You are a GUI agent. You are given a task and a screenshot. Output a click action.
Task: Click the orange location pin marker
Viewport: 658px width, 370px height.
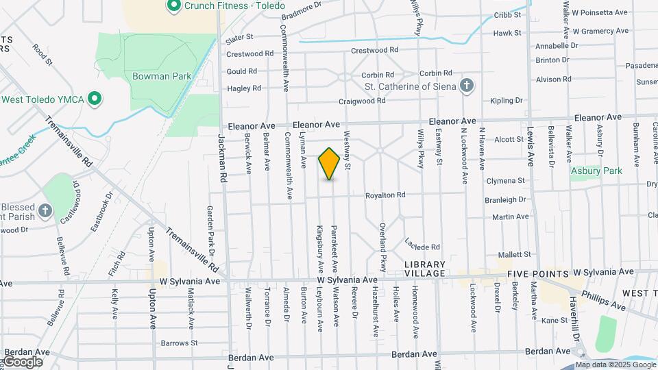click(329, 163)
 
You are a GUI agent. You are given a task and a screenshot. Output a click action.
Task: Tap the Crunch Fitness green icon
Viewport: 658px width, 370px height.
click(173, 7)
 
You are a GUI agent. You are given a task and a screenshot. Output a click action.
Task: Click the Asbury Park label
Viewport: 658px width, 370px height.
click(596, 171)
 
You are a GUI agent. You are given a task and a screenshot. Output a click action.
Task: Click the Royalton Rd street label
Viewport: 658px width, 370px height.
click(385, 195)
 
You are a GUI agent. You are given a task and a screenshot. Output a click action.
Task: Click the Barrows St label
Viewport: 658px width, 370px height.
click(179, 343)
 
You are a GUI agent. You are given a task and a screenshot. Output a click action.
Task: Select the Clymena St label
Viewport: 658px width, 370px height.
click(505, 182)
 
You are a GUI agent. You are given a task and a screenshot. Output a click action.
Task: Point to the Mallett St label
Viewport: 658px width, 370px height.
click(514, 254)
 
